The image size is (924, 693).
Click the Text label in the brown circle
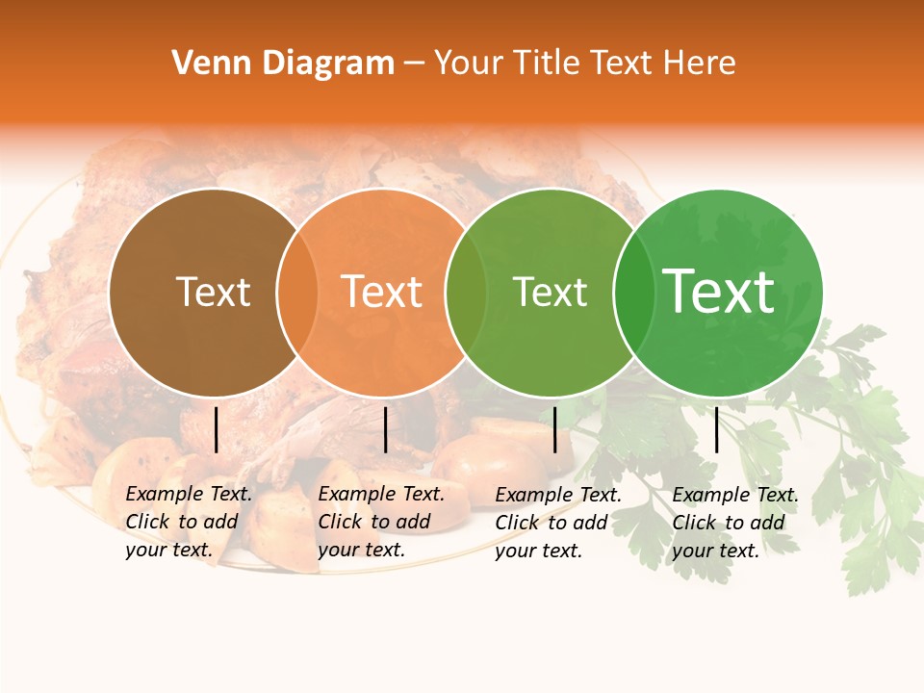click(213, 292)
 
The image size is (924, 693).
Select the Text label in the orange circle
click(382, 292)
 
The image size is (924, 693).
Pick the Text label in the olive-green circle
click(550, 292)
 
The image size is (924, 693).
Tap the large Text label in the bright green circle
click(718, 292)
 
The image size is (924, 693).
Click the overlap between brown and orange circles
click(296, 293)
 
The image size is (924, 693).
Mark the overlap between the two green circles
click(633, 293)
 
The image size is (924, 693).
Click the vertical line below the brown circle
click(217, 429)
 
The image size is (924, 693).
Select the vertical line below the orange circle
click(386, 429)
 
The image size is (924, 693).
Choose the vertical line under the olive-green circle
click(555, 429)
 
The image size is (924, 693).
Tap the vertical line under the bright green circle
click(717, 429)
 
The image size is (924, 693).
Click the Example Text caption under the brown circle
click(189, 522)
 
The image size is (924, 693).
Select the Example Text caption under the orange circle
click(381, 522)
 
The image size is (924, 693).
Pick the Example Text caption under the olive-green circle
click(558, 523)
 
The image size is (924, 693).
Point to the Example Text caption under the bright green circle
click(735, 523)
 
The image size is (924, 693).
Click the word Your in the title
click(469, 64)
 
